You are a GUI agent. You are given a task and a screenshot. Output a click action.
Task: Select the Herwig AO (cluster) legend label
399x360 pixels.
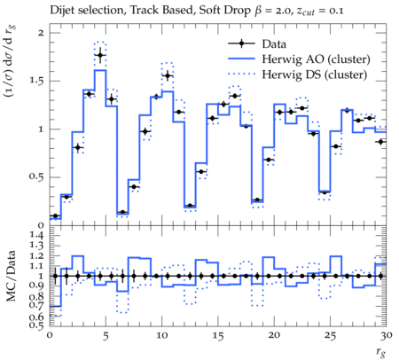click(316, 59)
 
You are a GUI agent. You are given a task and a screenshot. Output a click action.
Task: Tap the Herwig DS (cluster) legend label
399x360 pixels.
click(315, 74)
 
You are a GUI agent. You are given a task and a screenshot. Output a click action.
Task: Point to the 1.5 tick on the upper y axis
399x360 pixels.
click(36, 81)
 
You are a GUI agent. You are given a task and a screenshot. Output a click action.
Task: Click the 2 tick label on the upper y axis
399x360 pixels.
click(41, 33)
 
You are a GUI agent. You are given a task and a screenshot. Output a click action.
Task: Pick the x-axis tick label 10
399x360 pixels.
click(161, 335)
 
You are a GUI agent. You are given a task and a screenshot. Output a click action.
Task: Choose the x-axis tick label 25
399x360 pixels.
click(330, 335)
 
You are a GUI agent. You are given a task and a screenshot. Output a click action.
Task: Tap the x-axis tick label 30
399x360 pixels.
click(387, 335)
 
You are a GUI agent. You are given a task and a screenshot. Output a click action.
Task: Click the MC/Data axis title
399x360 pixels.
click(12, 276)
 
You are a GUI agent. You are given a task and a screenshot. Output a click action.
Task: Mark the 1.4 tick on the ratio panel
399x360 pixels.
click(37, 236)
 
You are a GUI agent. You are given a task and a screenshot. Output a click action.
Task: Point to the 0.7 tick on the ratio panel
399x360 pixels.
click(37, 304)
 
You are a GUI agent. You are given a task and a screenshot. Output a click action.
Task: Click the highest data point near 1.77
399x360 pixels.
click(100, 55)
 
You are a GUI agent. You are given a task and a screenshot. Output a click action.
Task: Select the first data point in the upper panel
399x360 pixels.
click(55, 215)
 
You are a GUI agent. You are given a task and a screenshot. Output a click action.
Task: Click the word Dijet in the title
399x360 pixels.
click(61, 11)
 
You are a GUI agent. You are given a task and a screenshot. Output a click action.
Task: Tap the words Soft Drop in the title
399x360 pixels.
click(224, 11)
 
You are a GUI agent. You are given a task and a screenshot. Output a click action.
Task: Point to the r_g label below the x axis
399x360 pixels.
click(381, 352)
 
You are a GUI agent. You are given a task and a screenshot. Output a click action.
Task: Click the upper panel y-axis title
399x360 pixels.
click(10, 61)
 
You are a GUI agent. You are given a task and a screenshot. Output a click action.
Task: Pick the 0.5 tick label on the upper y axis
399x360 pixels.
click(36, 177)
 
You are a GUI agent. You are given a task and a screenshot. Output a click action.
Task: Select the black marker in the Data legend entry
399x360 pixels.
click(241, 43)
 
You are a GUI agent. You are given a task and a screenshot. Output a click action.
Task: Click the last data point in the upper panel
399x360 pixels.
click(381, 142)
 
